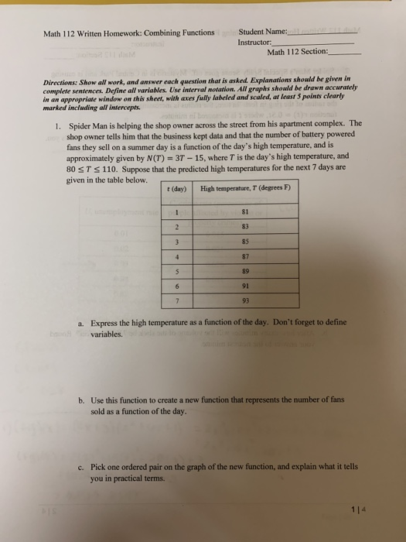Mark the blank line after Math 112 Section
click(x=345, y=54)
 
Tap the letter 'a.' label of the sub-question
click(x=81, y=323)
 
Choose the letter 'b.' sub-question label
click(x=81, y=400)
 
